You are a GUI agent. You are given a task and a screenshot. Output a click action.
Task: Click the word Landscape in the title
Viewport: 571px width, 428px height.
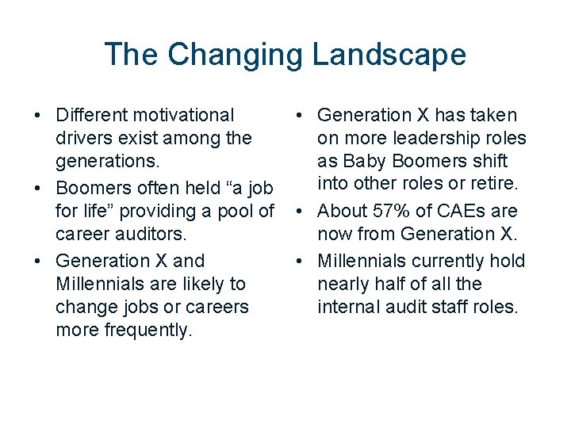[389, 55]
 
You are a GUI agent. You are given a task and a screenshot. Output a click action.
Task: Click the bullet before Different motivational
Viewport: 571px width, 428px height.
[37, 117]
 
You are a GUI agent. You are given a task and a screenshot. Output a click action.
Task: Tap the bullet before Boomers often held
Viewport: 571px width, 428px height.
[37, 189]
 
